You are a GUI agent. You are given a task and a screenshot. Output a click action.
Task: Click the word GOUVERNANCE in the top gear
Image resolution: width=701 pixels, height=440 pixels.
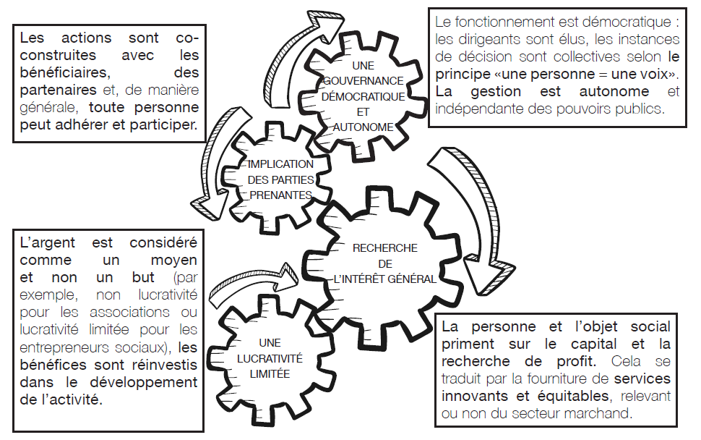363,81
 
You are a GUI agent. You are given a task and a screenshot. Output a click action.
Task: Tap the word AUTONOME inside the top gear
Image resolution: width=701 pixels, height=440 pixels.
363,127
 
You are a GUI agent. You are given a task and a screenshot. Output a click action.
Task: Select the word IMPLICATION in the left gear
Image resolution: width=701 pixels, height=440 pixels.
280,164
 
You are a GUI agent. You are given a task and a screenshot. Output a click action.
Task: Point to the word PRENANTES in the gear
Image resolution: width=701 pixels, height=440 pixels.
280,195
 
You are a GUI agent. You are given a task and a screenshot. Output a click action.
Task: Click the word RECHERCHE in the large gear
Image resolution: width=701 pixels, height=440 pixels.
385,248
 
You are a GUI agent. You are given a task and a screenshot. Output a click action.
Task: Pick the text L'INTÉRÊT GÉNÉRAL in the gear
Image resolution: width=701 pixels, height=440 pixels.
385,279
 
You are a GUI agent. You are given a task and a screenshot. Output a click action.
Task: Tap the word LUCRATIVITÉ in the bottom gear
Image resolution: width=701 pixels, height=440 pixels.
270,358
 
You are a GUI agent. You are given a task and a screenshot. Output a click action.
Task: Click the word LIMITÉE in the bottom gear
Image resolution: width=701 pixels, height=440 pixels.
270,374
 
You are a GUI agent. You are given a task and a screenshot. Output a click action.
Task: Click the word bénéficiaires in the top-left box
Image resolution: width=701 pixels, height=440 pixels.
65,72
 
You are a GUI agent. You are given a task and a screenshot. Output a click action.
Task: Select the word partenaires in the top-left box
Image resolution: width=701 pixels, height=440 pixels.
58,90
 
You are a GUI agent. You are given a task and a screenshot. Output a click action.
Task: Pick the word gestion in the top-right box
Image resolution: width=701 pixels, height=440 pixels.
496,92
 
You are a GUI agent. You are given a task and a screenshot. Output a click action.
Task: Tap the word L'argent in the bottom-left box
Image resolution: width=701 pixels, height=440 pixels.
48,243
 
